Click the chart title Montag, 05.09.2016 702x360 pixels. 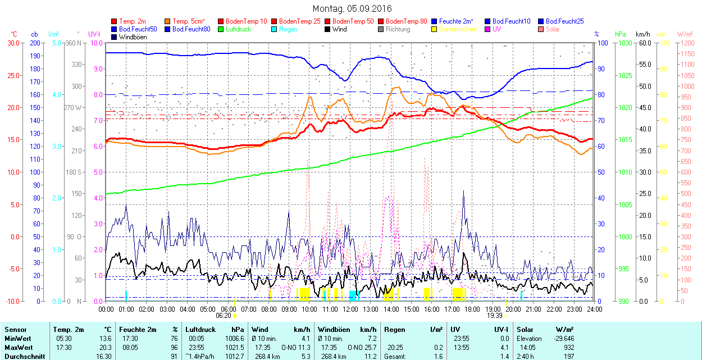click(352, 8)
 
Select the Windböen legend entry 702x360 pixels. click(132, 37)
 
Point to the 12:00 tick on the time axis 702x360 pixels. click(350, 309)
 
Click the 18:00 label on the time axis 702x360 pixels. click(472, 309)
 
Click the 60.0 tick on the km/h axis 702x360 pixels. click(643, 43)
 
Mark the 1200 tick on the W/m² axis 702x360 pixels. click(685, 43)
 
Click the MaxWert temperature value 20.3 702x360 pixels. click(104, 348)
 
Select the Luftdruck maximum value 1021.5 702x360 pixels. click(235, 348)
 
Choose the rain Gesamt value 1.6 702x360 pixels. click(439, 356)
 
